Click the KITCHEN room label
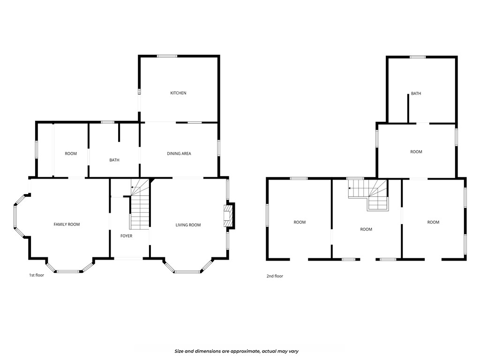tap(178, 93)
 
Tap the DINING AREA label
tap(179, 153)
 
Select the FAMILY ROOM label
tap(67, 225)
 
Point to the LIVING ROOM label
tap(188, 225)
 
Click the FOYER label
tap(126, 236)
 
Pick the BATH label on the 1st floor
tap(114, 160)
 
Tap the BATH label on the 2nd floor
tap(416, 93)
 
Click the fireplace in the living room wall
tap(228, 216)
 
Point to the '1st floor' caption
tap(37, 275)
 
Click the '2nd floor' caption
tap(275, 276)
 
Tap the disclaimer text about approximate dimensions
tap(237, 351)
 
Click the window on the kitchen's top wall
tap(167, 56)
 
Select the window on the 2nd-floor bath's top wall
tap(417, 57)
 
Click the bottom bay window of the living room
tap(187, 271)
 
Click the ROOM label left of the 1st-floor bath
tap(71, 153)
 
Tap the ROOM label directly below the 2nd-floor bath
tap(416, 151)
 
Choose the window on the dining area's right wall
tap(218, 148)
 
